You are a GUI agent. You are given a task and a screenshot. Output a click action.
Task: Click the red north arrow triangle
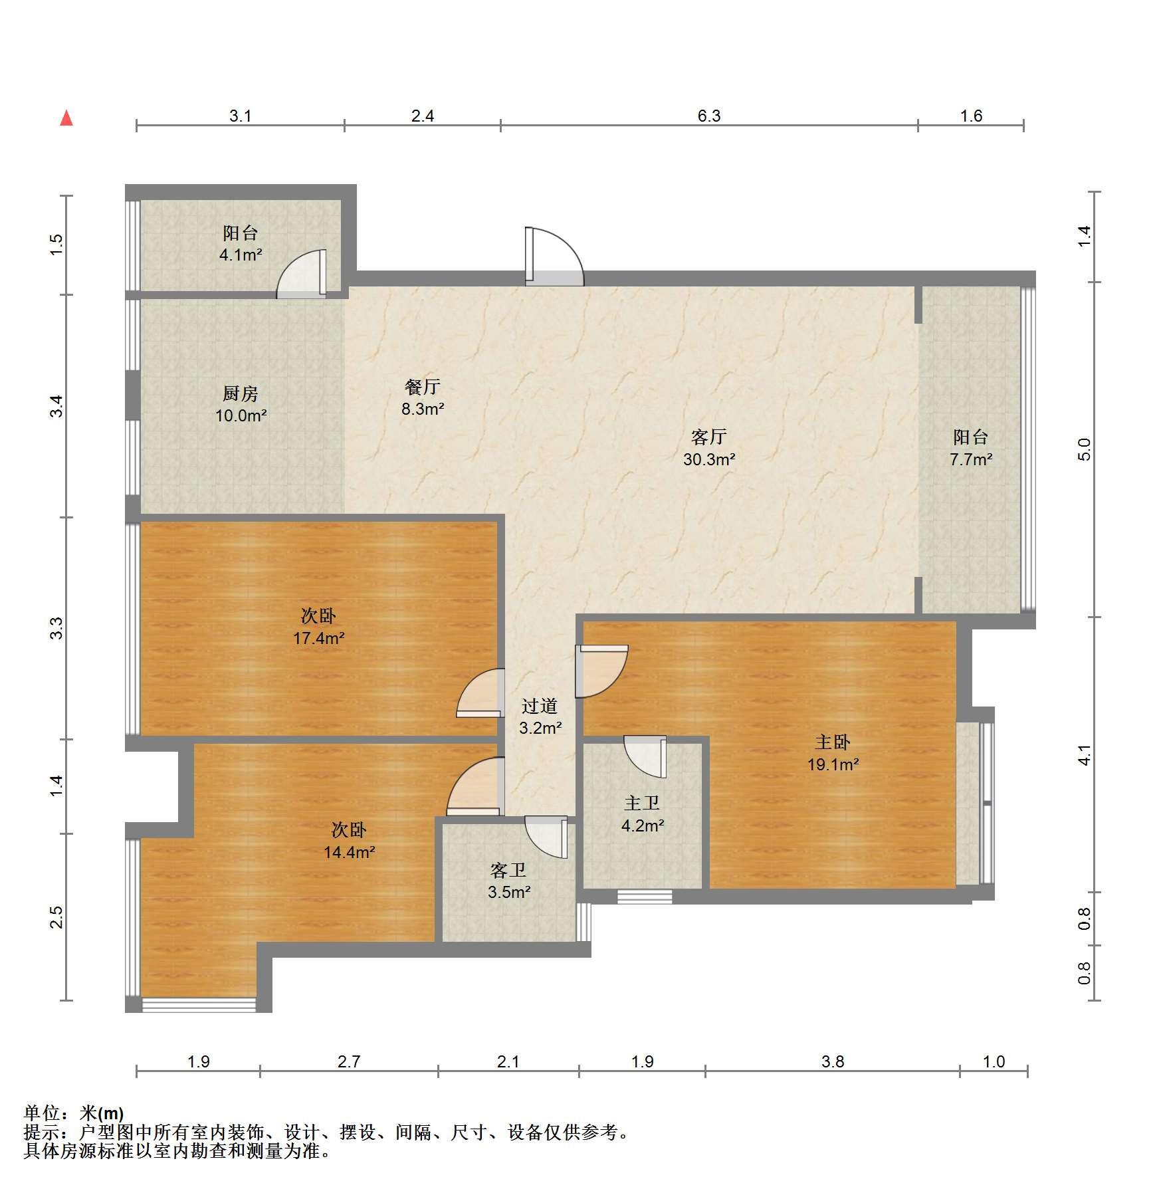click(x=66, y=118)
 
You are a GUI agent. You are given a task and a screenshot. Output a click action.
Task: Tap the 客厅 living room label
click(x=708, y=437)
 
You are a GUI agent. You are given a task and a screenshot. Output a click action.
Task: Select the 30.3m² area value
click(x=709, y=459)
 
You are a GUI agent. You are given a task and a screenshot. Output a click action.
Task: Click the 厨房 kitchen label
click(x=241, y=393)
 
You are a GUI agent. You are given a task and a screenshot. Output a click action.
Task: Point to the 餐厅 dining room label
click(x=423, y=387)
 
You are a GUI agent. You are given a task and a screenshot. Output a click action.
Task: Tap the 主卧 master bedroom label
click(x=833, y=742)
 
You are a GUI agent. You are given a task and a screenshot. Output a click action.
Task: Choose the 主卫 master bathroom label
click(x=642, y=803)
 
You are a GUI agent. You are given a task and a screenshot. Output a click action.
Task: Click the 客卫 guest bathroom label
click(x=508, y=869)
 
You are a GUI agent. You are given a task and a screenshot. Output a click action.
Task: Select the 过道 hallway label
click(x=540, y=706)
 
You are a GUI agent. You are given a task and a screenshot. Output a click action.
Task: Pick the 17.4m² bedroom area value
click(x=319, y=639)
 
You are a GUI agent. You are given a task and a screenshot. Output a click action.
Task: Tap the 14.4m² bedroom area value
click(x=350, y=852)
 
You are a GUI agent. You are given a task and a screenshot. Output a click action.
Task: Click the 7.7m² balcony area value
click(x=971, y=459)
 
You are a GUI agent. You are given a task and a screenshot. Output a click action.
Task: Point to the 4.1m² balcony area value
click(x=241, y=255)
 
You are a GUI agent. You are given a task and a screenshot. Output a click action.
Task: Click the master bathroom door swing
click(x=645, y=756)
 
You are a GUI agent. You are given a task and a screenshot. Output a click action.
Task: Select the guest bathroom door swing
click(x=546, y=837)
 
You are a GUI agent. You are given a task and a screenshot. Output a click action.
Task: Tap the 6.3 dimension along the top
click(x=709, y=116)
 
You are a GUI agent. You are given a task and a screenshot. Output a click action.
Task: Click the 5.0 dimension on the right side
click(x=1084, y=450)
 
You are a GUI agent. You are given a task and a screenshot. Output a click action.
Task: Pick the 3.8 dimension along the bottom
click(x=833, y=1061)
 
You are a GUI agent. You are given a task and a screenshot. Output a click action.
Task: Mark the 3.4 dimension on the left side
click(x=57, y=406)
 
